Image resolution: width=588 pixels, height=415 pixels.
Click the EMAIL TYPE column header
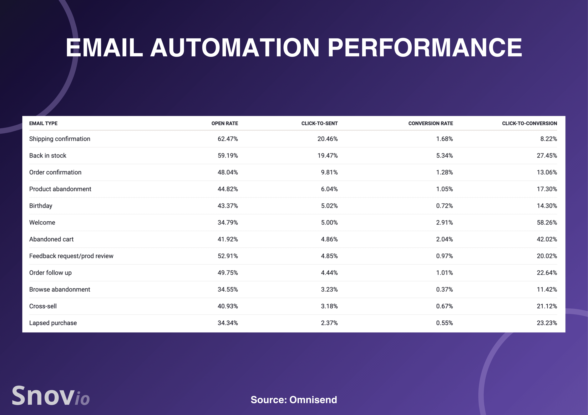pyautogui.click(x=43, y=124)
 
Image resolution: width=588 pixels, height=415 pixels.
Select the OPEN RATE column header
pyautogui.click(x=225, y=124)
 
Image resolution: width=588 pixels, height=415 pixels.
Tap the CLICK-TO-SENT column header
pyautogui.click(x=319, y=124)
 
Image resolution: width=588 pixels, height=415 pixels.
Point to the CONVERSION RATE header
pyautogui.click(x=431, y=124)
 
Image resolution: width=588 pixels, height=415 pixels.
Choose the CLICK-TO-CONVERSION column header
pyautogui.click(x=529, y=124)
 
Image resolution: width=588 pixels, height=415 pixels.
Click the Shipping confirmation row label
pyautogui.click(x=60, y=139)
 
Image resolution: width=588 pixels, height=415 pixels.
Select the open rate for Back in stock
pyautogui.click(x=228, y=155)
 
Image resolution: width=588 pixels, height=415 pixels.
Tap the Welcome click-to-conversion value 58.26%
pyautogui.click(x=547, y=222)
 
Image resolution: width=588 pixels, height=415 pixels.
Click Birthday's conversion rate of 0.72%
pyautogui.click(x=444, y=206)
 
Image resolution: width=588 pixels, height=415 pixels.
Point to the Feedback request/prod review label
pyautogui.click(x=71, y=256)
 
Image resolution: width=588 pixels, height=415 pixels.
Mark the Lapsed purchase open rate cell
pyautogui.click(x=228, y=323)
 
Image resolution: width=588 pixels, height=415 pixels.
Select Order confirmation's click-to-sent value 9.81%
pyautogui.click(x=329, y=172)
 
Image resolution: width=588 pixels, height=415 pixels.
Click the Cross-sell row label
pyautogui.click(x=43, y=306)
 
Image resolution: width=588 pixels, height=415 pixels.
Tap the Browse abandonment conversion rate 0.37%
pyautogui.click(x=444, y=289)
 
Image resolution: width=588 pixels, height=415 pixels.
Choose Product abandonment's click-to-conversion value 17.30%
pyautogui.click(x=547, y=189)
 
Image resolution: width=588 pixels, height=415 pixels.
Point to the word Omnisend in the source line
pyautogui.click(x=313, y=400)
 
